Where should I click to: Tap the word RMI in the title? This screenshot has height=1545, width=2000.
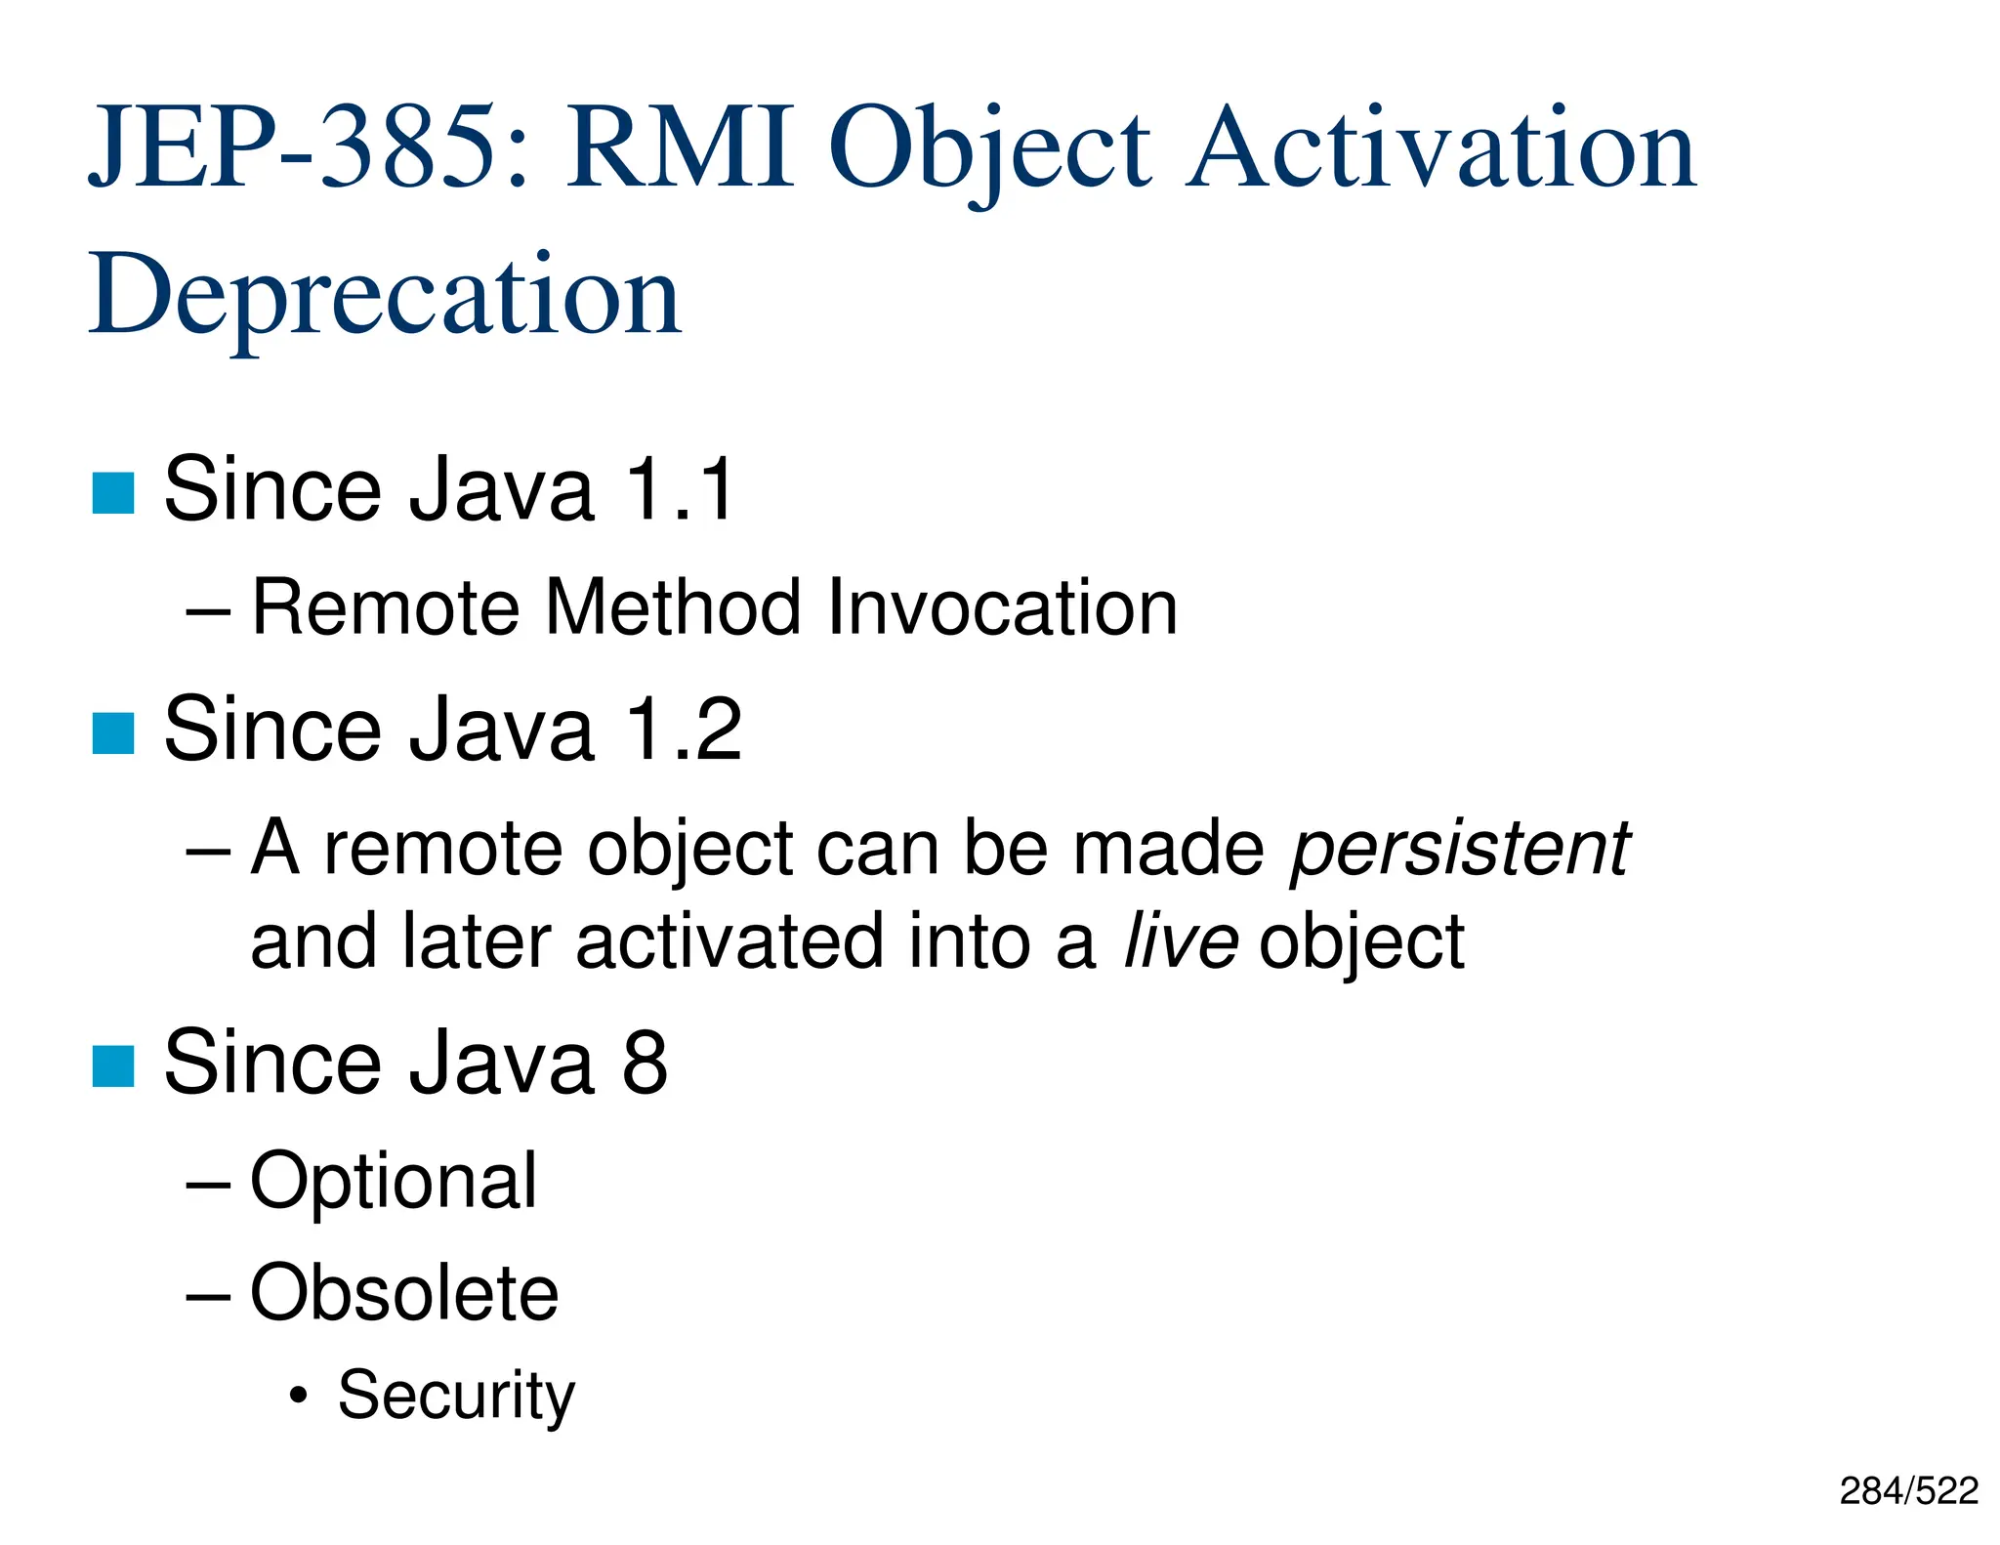pos(680,148)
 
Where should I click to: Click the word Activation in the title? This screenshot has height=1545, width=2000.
pos(1441,148)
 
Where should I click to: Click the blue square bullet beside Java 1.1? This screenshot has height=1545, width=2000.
pos(113,492)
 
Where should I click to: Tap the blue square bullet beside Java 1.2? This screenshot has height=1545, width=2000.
pos(113,733)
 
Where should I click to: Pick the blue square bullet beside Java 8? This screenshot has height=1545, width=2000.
pos(113,1065)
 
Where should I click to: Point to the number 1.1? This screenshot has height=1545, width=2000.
pos(680,489)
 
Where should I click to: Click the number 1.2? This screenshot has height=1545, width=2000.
pos(684,730)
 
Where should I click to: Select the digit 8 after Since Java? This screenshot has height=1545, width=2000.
pos(645,1063)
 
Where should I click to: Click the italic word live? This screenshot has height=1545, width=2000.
pos(1181,941)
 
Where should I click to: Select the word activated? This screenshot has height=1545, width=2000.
pos(729,941)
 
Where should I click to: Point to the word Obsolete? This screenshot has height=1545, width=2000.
pos(404,1294)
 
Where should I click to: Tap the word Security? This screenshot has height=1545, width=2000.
pos(456,1397)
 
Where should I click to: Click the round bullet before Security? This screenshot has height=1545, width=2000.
pos(299,1399)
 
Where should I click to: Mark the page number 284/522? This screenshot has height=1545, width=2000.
pos(1908,1491)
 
